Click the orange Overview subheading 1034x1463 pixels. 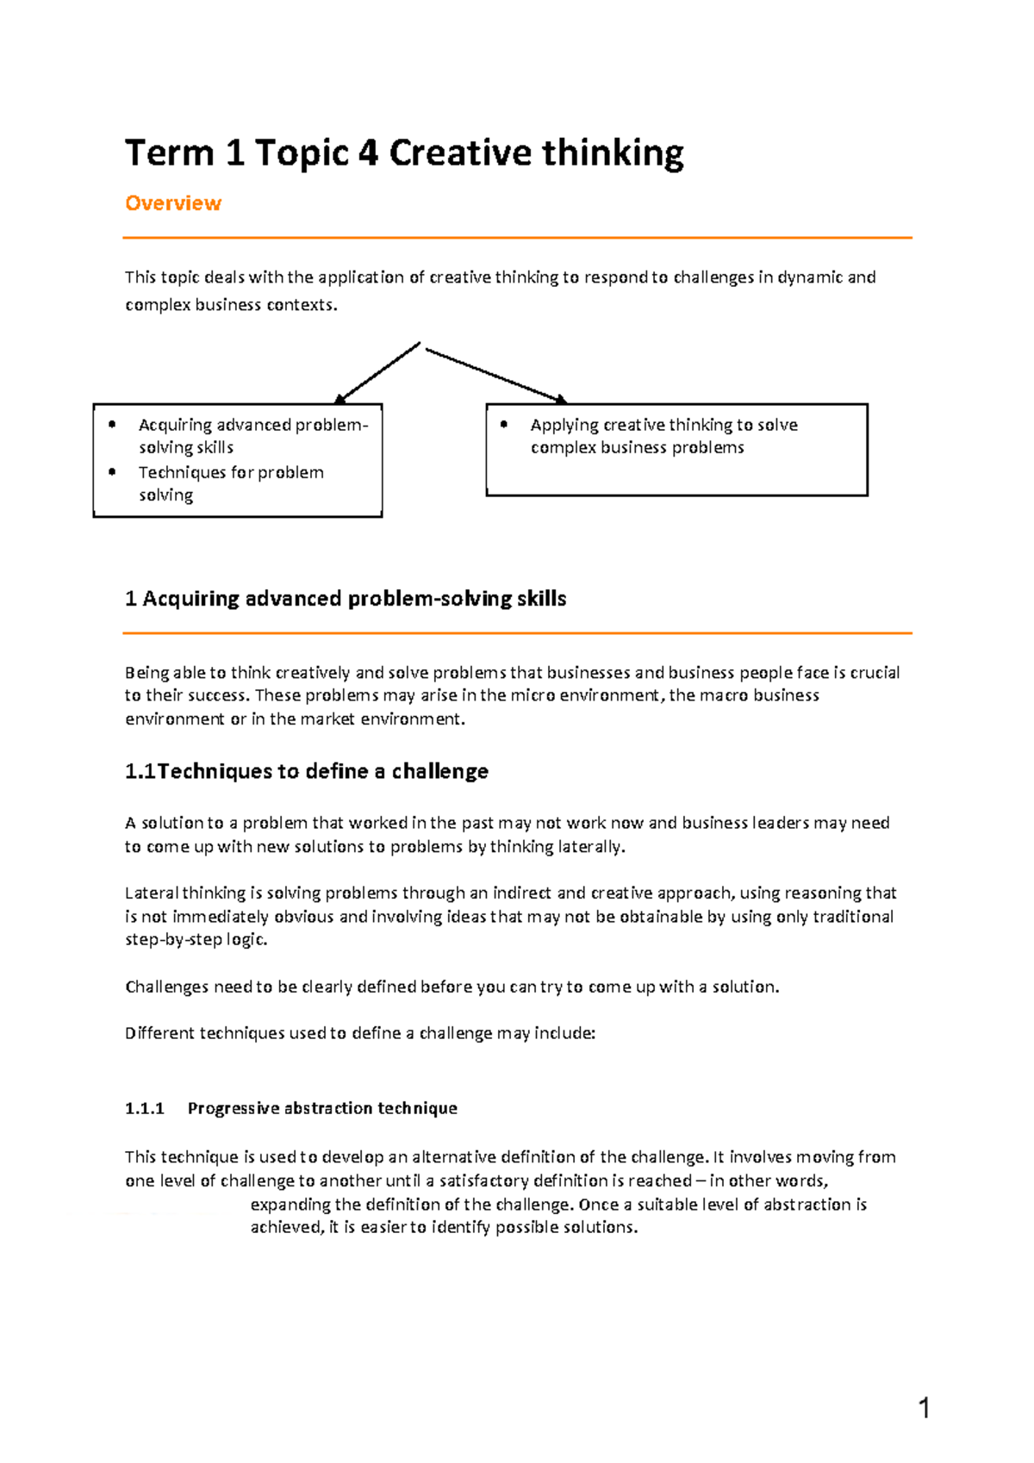[173, 203]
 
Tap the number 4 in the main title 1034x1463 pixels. [367, 153]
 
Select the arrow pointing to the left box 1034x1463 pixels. [377, 373]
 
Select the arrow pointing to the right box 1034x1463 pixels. [496, 375]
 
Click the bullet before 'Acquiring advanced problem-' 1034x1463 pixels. [112, 424]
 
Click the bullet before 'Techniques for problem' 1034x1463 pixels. [112, 471]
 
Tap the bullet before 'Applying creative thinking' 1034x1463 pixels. [504, 424]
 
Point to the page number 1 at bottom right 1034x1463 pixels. [924, 1408]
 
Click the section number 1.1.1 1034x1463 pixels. [144, 1108]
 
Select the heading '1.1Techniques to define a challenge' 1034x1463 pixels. [307, 771]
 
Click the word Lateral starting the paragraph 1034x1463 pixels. [151, 893]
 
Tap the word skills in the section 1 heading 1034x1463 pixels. [541, 599]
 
